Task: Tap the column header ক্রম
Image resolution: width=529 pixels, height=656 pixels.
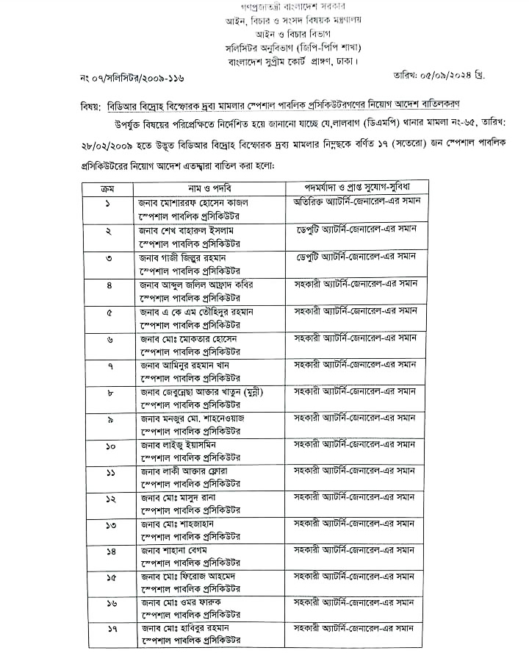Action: pos(107,189)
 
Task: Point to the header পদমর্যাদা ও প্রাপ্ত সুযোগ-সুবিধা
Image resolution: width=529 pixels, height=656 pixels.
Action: pos(356,189)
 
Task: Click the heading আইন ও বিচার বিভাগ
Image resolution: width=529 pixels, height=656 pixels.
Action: pos(264,34)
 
